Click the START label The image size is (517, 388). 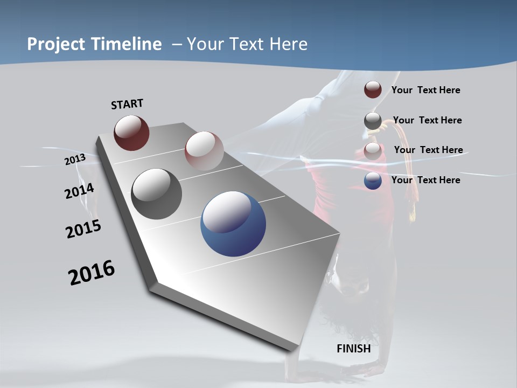[x=127, y=104]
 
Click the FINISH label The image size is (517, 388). [x=354, y=349]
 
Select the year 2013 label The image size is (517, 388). [x=75, y=160]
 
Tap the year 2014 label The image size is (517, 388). [x=80, y=191]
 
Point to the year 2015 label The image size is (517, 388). [x=83, y=229]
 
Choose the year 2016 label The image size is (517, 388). [x=92, y=273]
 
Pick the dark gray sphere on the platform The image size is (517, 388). [x=156, y=194]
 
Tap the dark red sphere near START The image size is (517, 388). [x=131, y=133]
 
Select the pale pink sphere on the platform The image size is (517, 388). [x=204, y=150]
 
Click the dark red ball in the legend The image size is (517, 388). [x=373, y=89]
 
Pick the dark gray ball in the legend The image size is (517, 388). [x=373, y=121]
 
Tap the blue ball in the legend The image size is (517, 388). [x=373, y=181]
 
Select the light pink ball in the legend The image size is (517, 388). [x=373, y=151]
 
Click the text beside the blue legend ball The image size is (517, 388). [x=425, y=180]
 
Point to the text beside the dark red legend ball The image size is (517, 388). [x=425, y=90]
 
